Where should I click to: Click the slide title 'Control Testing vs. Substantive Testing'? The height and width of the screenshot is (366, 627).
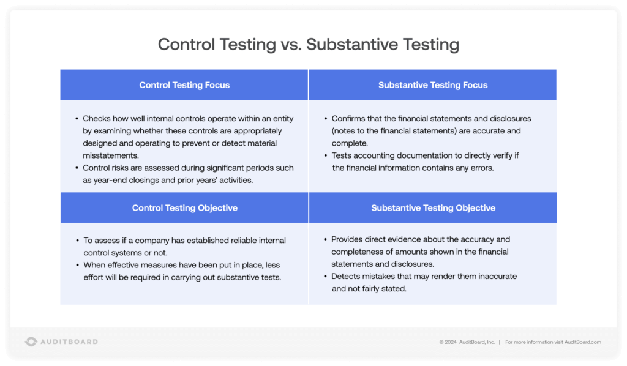[308, 44]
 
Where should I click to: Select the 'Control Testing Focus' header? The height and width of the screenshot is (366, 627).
[184, 85]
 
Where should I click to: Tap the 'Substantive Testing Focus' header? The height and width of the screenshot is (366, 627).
[433, 85]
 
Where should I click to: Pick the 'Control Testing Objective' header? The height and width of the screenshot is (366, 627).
[184, 208]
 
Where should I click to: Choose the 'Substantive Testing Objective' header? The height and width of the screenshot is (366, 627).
[433, 208]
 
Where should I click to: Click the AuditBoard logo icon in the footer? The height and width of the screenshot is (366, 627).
[31, 342]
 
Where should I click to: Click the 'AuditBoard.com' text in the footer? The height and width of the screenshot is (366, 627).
[582, 342]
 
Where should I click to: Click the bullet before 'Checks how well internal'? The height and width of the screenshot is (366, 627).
[77, 119]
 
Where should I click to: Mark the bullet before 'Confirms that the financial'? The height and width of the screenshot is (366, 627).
[325, 119]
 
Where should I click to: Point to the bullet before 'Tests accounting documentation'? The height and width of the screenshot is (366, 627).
[325, 155]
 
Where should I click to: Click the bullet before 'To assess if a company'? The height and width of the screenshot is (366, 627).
[77, 241]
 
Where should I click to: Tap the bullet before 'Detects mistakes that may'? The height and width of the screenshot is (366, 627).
[325, 277]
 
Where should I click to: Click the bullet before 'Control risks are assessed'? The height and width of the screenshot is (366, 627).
[77, 168]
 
